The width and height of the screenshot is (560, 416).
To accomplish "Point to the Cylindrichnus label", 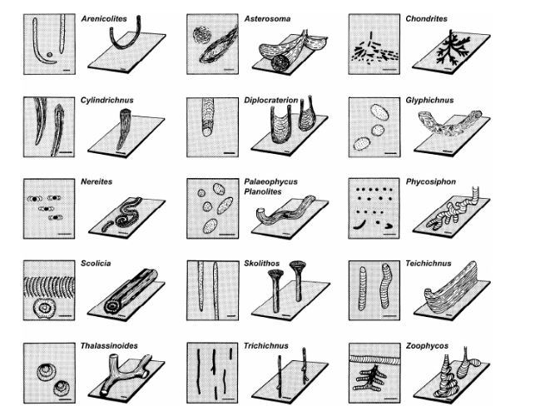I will pyautogui.click(x=107, y=100).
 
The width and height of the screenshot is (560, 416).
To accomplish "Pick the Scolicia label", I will pyautogui.click(x=96, y=264).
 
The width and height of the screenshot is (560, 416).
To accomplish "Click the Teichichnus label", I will pyautogui.click(x=429, y=264).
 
